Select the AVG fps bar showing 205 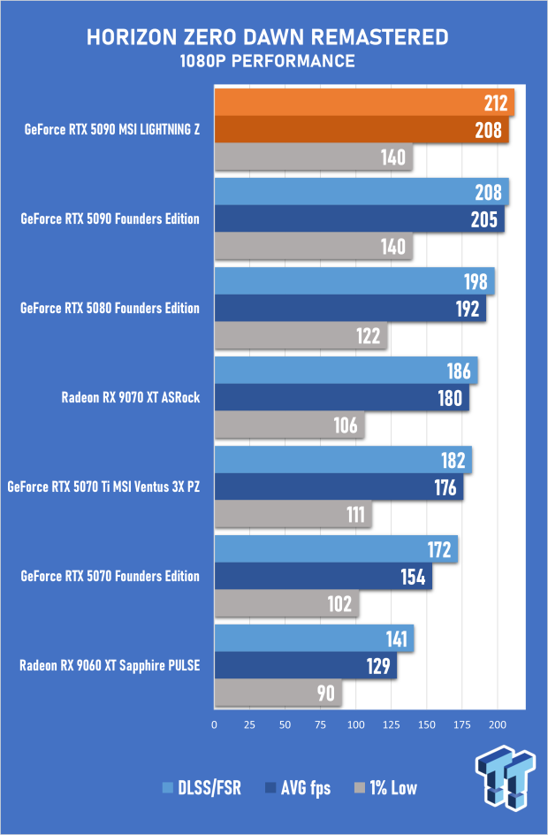click(x=359, y=219)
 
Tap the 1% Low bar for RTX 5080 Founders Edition click(x=301, y=336)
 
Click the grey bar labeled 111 click(x=293, y=515)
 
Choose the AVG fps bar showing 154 click(x=323, y=577)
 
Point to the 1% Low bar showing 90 click(x=278, y=693)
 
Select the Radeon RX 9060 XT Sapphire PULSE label click(x=110, y=666)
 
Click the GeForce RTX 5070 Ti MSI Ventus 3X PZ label click(x=103, y=487)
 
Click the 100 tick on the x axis click(x=355, y=724)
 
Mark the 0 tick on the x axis click(x=215, y=724)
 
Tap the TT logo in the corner click(x=506, y=778)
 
